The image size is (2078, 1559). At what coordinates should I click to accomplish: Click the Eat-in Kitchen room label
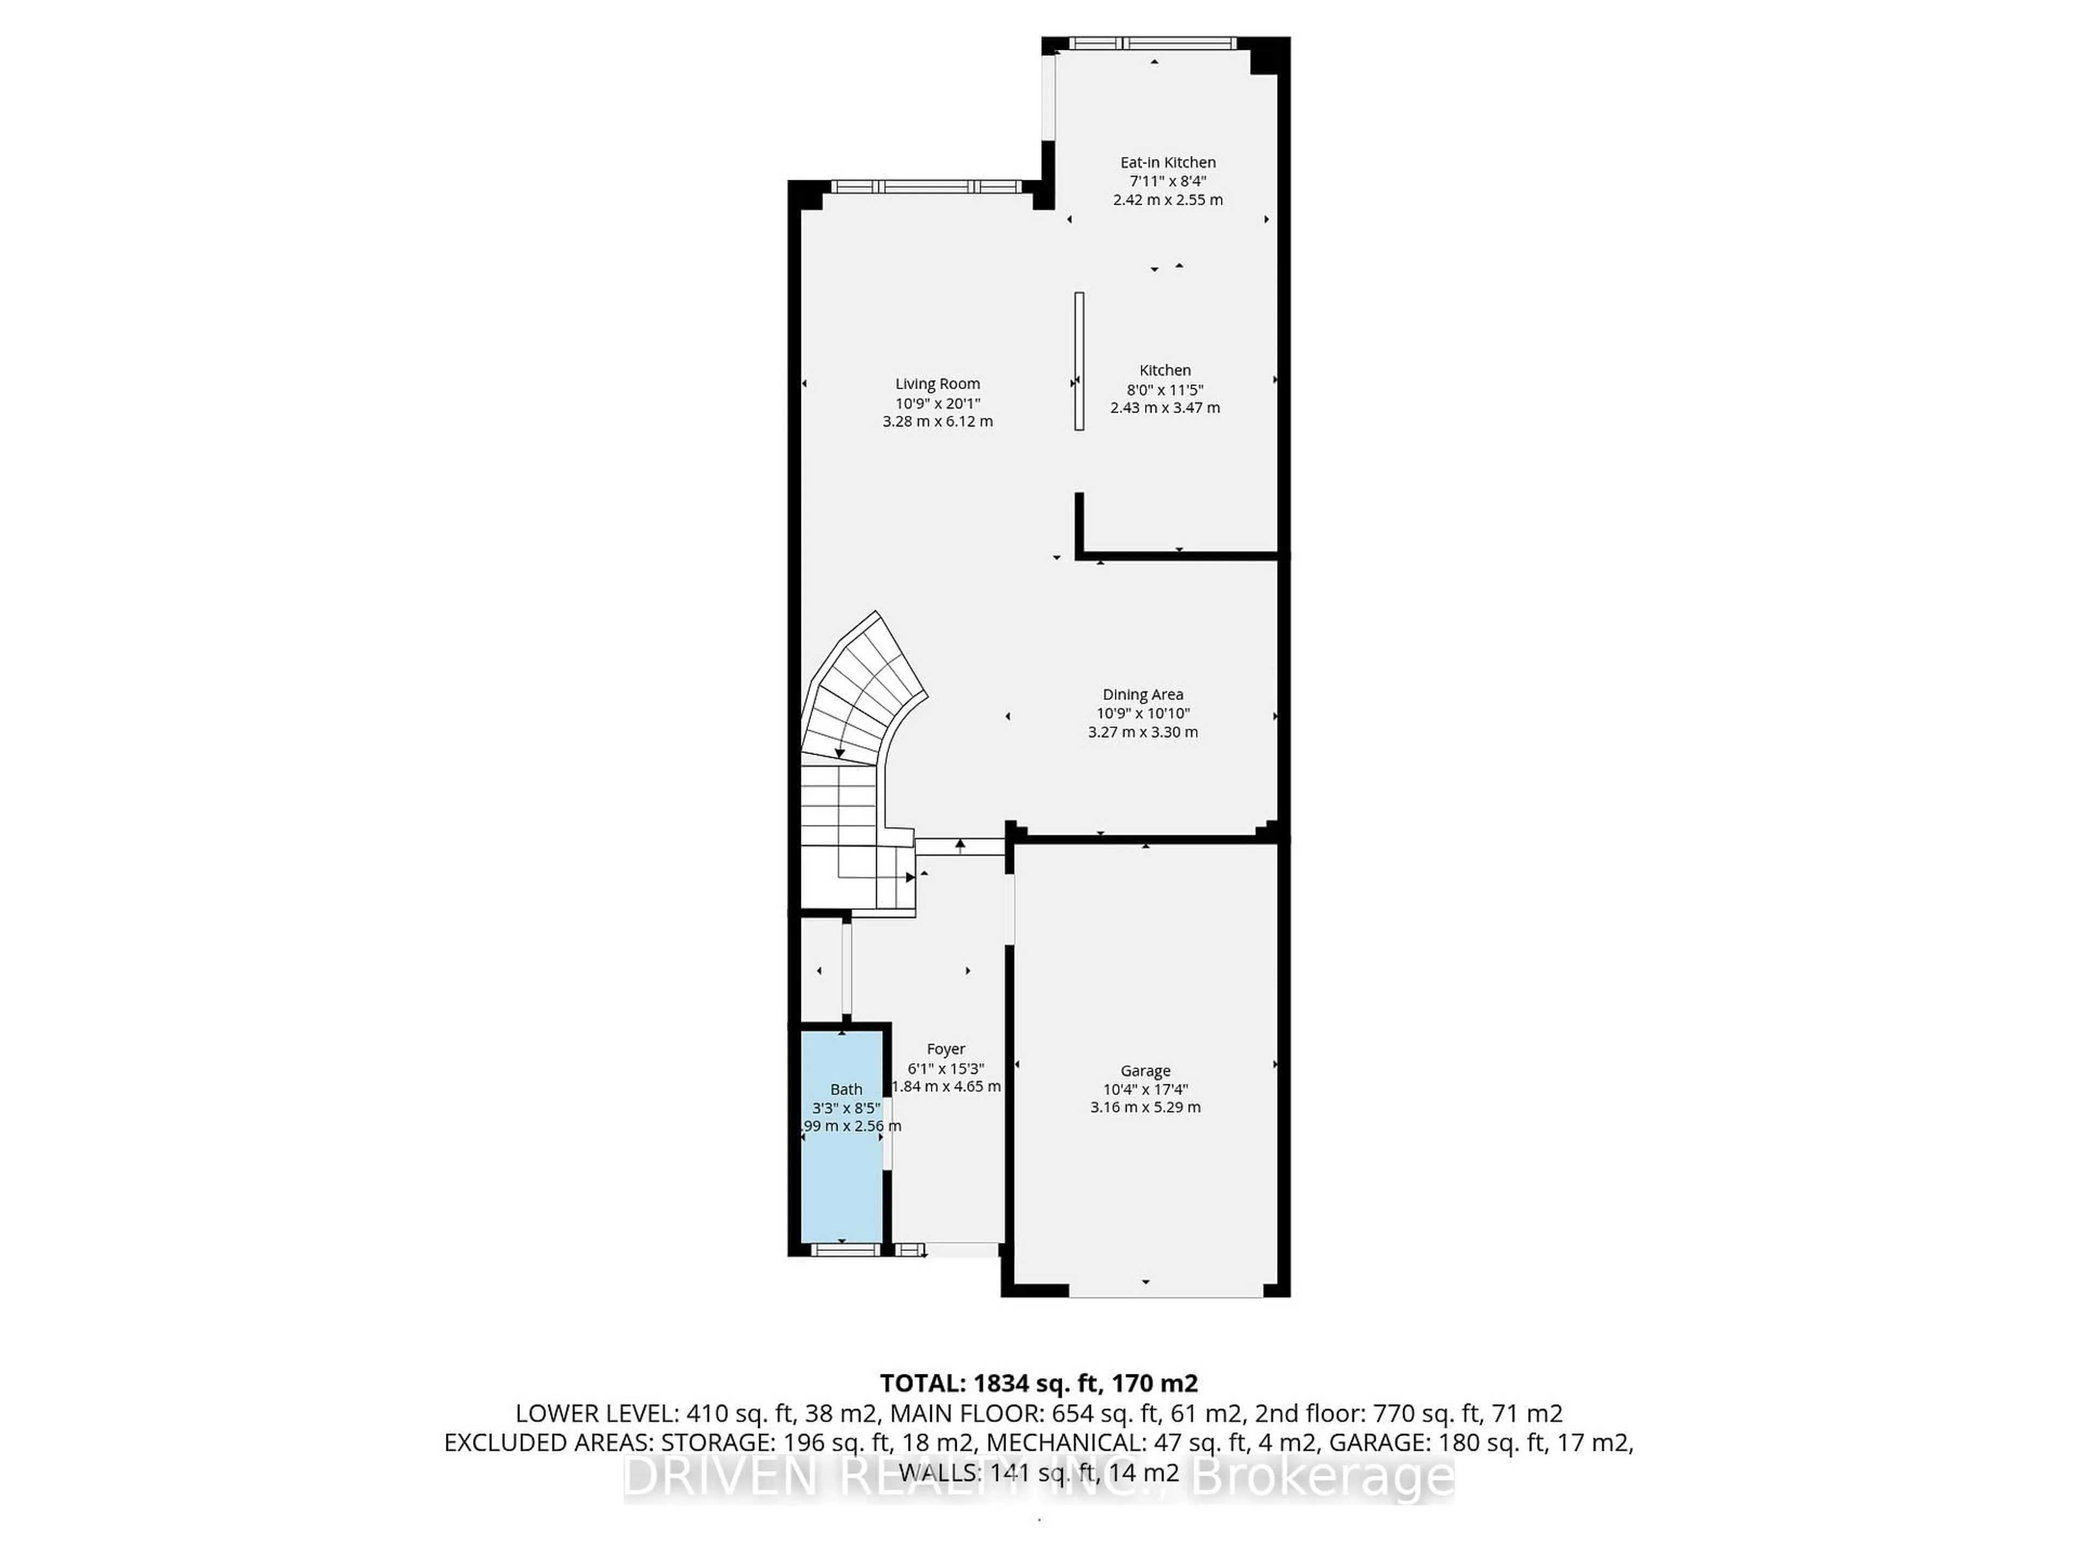[x=1168, y=162]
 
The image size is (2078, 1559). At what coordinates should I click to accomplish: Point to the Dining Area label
[x=1142, y=695]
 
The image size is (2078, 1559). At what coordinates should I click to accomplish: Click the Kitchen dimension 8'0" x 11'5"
[x=1165, y=389]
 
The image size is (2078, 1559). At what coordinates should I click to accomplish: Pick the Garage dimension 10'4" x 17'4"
[x=1145, y=1089]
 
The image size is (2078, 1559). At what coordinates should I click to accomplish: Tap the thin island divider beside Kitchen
[x=1080, y=361]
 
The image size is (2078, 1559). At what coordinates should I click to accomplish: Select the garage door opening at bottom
[x=1165, y=1294]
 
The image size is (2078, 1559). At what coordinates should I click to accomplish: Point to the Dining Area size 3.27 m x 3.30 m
[x=1142, y=732]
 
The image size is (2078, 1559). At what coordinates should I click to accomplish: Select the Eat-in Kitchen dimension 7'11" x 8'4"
[x=1168, y=181]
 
